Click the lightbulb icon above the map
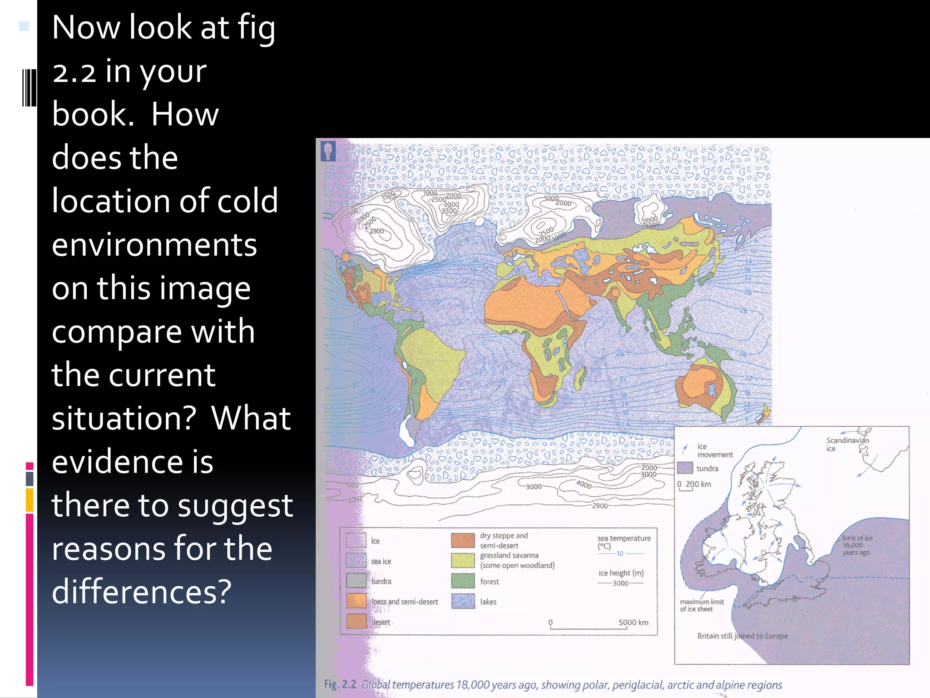pos(328,151)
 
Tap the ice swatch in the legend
pos(356,540)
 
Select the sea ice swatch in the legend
pos(356,561)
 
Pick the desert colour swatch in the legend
pos(356,621)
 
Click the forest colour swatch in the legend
pos(463,581)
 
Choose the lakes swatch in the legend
pos(463,601)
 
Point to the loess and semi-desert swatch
pos(356,601)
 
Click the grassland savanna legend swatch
pos(463,560)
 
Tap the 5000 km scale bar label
pos(633,622)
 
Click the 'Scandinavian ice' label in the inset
pos(847,444)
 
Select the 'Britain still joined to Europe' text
pos(742,636)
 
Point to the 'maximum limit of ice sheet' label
pos(702,605)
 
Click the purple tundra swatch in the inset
pos(685,468)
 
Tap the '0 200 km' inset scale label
pos(694,484)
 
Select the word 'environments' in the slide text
pos(154,244)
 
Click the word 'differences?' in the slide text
pos(142,592)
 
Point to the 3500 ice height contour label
pos(449,211)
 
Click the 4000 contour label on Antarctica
pos(584,484)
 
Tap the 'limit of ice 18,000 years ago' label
pos(857,545)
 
